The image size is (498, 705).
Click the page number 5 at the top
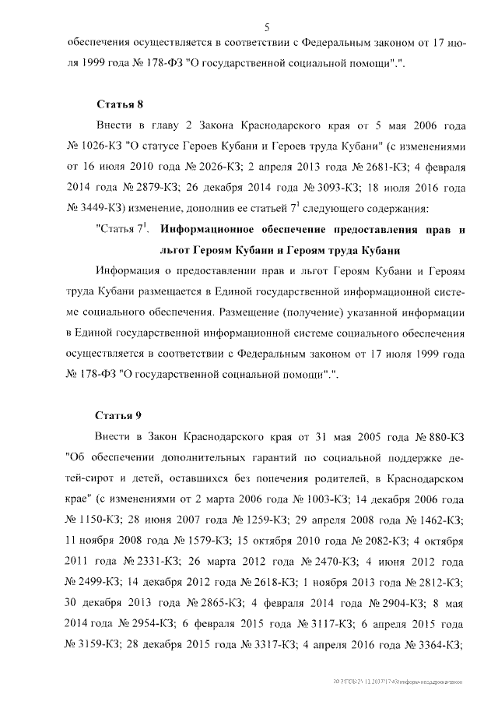[x=266, y=27]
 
